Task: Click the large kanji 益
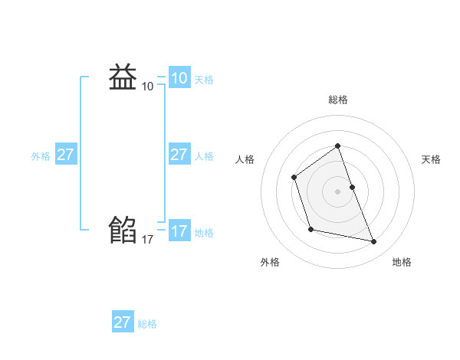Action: pyautogui.click(x=123, y=77)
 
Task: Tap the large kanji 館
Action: pyautogui.click(x=123, y=229)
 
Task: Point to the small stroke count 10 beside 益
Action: pyautogui.click(x=147, y=87)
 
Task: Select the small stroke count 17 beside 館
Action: pyautogui.click(x=147, y=240)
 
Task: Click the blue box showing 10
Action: pyautogui.click(x=179, y=77)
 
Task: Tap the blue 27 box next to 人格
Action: pyautogui.click(x=179, y=155)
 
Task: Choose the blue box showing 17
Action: pyautogui.click(x=179, y=231)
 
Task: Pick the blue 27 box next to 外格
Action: pyautogui.click(x=65, y=155)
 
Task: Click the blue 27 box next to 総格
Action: pyautogui.click(x=122, y=322)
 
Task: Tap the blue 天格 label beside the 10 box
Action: pyautogui.click(x=204, y=80)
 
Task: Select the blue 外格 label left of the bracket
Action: pyautogui.click(x=41, y=156)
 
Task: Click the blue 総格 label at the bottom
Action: pyautogui.click(x=147, y=324)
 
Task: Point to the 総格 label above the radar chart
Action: pyautogui.click(x=337, y=100)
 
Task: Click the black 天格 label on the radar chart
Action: pyautogui.click(x=431, y=159)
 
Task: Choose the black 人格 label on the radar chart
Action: pyautogui.click(x=245, y=159)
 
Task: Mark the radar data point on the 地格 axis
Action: pyautogui.click(x=374, y=242)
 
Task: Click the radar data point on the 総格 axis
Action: pyautogui.click(x=337, y=146)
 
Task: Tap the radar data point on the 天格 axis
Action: pyautogui.click(x=352, y=187)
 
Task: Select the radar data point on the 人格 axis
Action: pyautogui.click(x=294, y=178)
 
